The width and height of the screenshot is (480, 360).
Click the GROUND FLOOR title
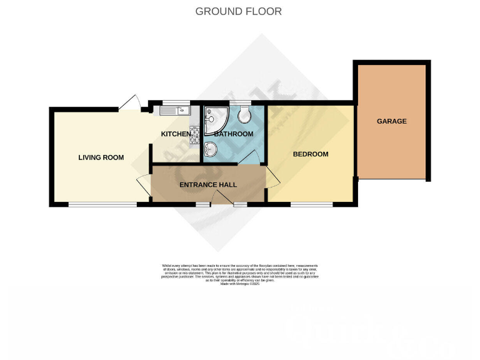tap(238, 11)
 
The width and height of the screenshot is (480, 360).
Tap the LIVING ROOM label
tap(101, 157)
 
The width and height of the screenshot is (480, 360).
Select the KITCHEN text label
tap(176, 134)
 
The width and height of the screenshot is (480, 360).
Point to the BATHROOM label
tap(234, 134)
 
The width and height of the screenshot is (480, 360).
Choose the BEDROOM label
tap(311, 154)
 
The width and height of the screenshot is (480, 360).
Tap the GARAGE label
tap(391, 121)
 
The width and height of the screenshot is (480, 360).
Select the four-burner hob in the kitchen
tap(194, 132)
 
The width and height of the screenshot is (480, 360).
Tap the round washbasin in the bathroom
tap(211, 150)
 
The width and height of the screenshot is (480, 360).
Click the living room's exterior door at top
tap(130, 102)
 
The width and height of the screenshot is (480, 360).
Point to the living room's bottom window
tap(102, 204)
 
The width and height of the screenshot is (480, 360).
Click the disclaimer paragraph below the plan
tap(240, 275)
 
